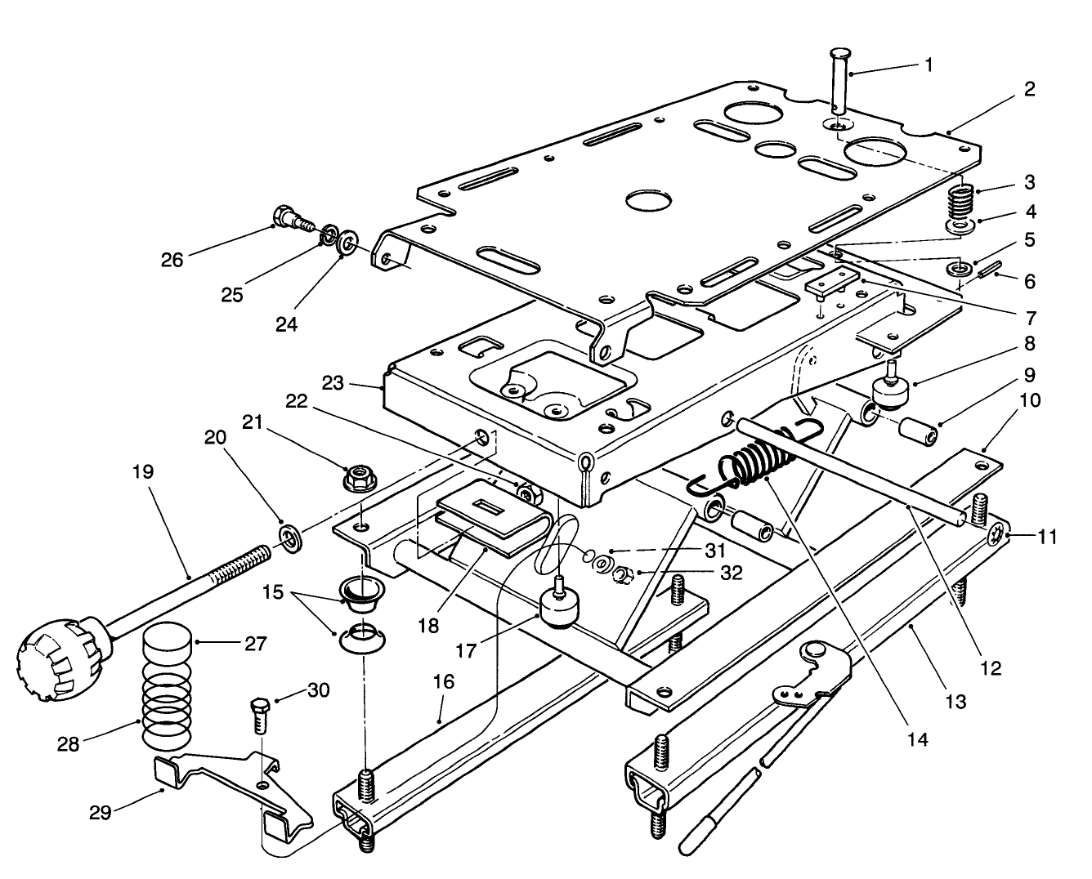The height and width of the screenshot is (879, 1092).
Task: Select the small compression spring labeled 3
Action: tap(963, 199)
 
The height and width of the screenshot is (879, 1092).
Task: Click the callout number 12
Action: tap(990, 667)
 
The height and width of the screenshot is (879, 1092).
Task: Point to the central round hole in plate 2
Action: tap(647, 199)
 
